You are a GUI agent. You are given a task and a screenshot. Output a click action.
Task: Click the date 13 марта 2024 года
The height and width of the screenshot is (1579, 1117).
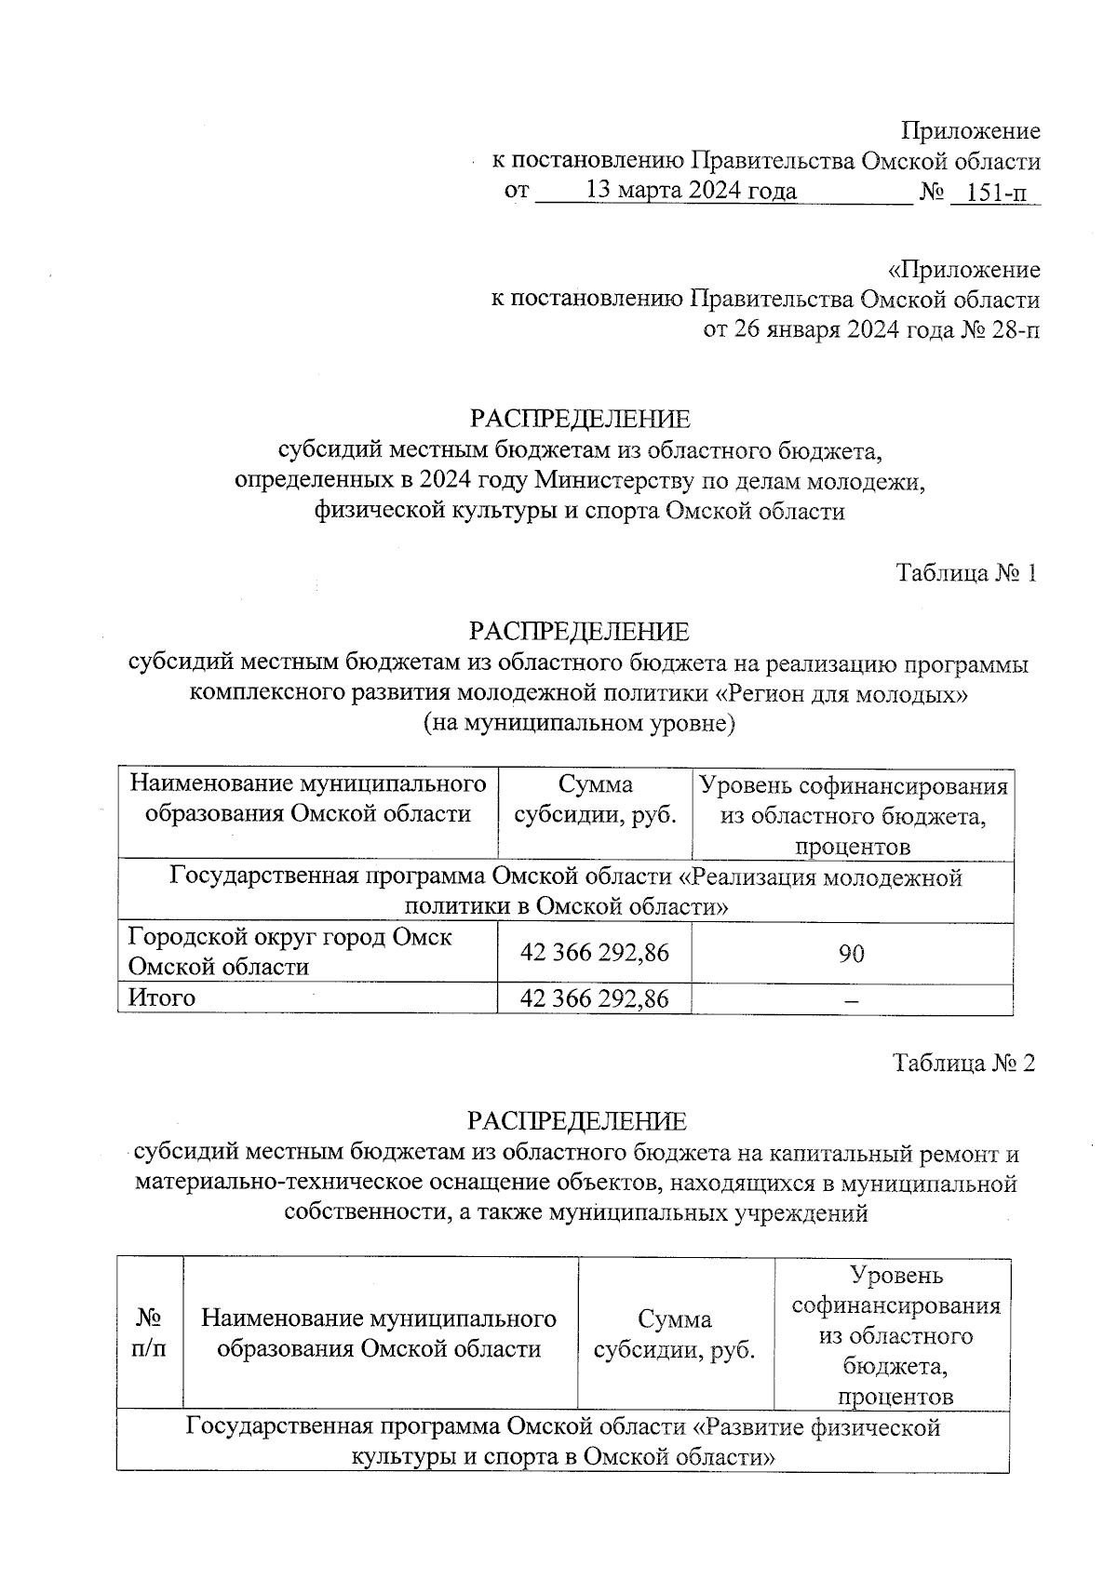(x=691, y=192)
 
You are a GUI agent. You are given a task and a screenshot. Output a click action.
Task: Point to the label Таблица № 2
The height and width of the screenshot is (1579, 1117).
(x=963, y=1062)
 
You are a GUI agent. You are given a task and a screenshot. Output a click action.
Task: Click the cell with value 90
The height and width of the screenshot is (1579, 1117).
(x=851, y=953)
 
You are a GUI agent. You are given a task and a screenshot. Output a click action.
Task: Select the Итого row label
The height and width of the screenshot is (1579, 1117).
(x=162, y=997)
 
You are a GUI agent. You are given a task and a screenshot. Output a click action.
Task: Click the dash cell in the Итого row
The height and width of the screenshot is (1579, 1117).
(x=851, y=998)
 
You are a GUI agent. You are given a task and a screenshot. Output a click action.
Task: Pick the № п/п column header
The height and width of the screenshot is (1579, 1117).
(x=149, y=1333)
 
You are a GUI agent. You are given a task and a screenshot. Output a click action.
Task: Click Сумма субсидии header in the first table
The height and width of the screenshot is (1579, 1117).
(x=595, y=799)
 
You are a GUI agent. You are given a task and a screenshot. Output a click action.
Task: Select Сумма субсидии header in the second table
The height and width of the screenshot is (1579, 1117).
(x=675, y=1334)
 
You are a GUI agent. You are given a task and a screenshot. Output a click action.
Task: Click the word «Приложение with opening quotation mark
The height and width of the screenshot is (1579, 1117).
(x=964, y=270)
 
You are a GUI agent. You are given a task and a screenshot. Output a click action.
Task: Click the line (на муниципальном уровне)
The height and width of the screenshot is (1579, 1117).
(x=579, y=723)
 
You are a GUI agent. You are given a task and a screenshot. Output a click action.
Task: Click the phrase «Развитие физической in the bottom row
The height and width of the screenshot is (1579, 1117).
(x=818, y=1426)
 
